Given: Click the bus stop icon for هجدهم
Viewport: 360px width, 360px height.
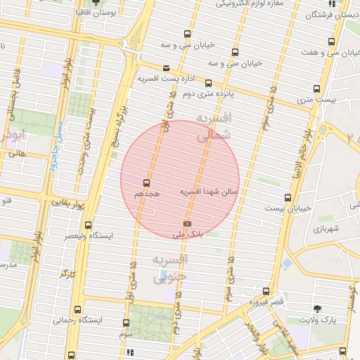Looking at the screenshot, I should (147, 181).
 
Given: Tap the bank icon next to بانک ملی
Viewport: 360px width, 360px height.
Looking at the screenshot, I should (186, 224).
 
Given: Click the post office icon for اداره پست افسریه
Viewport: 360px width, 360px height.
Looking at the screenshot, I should (166, 68).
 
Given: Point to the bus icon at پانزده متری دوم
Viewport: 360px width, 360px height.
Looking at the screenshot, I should (209, 82).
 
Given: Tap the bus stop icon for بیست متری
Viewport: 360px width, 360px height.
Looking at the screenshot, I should (316, 89).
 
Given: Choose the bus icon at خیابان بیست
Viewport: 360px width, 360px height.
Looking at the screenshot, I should (288, 198).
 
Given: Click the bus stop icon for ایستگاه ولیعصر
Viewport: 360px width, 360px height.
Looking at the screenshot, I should (88, 226).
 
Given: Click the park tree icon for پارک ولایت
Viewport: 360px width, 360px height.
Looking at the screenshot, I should (317, 309).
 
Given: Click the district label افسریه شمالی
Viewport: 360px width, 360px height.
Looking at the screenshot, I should (212, 127).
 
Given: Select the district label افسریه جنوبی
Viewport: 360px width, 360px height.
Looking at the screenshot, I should (169, 268).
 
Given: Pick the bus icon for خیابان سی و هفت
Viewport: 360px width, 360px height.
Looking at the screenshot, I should (332, 41).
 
